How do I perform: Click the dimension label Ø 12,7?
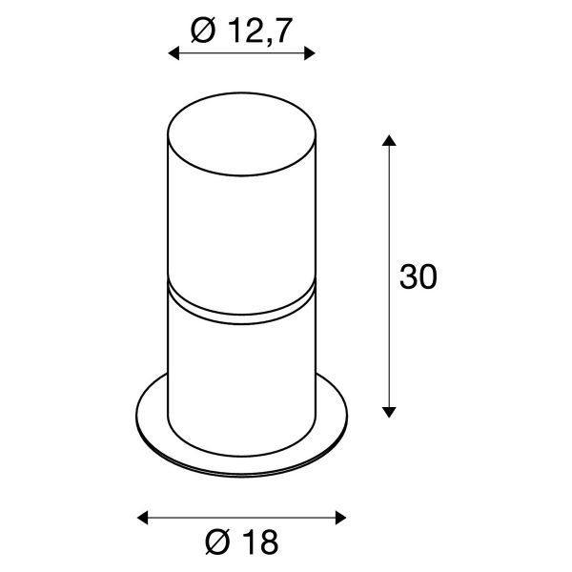[x=241, y=31]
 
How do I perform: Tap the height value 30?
[x=419, y=276]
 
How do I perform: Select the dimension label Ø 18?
[x=241, y=542]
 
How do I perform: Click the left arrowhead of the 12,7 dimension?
[x=174, y=53]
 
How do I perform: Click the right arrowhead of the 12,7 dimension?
[x=310, y=53]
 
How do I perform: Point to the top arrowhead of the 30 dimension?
[x=389, y=140]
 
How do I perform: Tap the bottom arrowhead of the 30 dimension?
[x=389, y=412]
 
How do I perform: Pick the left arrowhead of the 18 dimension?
[x=143, y=518]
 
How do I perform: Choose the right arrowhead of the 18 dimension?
[x=340, y=518]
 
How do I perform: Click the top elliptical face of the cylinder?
[x=241, y=133]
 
